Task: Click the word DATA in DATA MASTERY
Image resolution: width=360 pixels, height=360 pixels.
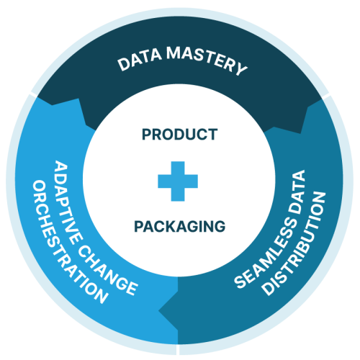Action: point(138,64)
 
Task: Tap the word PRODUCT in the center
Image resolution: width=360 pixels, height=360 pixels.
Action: point(179,135)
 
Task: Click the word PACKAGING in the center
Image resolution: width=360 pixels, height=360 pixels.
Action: point(179,227)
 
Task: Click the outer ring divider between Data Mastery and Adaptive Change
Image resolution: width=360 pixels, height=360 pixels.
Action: point(30,94)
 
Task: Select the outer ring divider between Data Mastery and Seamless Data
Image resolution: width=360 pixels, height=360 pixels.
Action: point(328,94)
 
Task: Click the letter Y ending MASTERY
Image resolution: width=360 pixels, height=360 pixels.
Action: point(240,70)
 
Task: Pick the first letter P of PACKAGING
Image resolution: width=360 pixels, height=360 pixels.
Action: point(138,227)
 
